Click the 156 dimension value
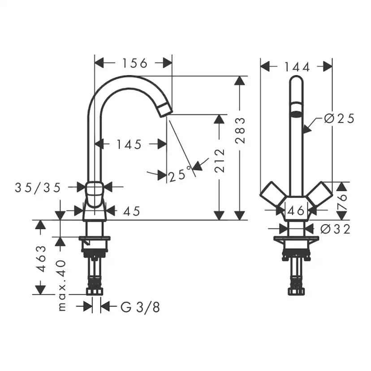point(134,63)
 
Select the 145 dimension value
point(129,144)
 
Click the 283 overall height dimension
point(241,130)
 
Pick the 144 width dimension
point(297,67)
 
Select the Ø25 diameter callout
point(339,119)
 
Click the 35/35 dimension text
point(37,187)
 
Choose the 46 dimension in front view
point(296,210)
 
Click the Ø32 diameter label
point(336,229)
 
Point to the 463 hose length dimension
point(41,259)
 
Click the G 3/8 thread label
point(140,307)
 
